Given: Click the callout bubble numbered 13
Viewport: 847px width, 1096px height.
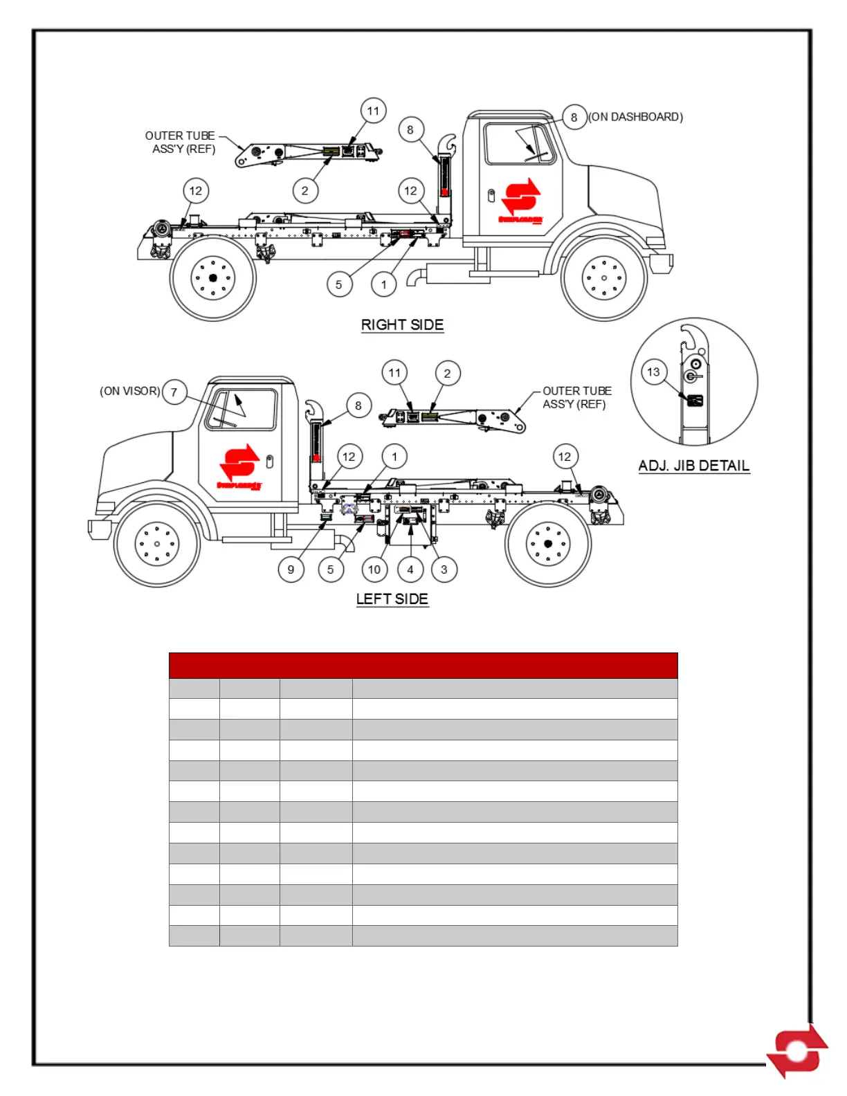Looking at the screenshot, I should coord(653,372).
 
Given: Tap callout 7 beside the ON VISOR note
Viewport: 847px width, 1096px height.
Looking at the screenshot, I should coord(174,392).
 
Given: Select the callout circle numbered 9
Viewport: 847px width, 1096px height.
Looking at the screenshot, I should coord(291,569).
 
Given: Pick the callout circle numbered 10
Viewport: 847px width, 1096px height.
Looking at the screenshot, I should coord(374,569).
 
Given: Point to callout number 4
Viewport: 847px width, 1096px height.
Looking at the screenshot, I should coord(410,569).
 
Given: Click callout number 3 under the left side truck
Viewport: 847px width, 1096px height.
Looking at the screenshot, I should coord(444,569).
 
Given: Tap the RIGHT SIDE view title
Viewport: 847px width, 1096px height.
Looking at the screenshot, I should coord(402,325).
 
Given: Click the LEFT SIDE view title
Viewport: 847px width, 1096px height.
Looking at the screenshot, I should coord(392,599).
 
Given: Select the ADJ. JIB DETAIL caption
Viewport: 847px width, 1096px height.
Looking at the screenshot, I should coord(694,466).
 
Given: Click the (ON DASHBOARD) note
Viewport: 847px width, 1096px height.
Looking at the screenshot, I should coord(636,117).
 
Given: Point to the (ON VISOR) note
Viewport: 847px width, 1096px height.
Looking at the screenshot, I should coord(130,391).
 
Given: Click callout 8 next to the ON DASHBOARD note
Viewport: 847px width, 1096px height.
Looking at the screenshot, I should coord(574,118).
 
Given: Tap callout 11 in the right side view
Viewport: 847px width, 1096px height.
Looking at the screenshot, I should coord(373,111).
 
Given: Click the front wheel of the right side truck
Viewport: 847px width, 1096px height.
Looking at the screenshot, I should coord(604,278).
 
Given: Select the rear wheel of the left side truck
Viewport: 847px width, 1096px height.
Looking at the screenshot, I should coord(548,544).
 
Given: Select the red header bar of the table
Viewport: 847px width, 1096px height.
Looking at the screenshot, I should coord(423,665).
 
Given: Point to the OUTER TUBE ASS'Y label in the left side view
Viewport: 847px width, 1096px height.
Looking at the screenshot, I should coord(576,398).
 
